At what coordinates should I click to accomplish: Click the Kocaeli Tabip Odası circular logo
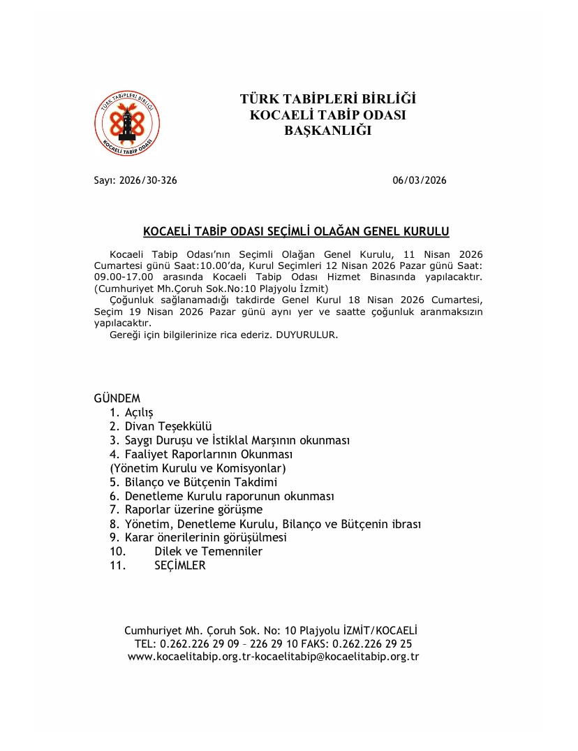pos(127,124)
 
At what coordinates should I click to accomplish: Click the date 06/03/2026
pos(419,180)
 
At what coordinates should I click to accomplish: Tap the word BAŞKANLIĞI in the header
pos(328,130)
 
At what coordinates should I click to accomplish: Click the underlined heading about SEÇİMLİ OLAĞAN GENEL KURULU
pos(296,231)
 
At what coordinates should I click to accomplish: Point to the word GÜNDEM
pos(117,398)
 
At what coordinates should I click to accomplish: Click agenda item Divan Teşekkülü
pos(168,426)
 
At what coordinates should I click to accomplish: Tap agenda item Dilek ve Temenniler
pos(208,551)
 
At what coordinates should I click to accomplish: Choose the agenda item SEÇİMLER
pos(180,565)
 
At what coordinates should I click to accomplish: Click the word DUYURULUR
pos(307,335)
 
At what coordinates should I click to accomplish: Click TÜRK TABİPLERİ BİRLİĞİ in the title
pos(328,99)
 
